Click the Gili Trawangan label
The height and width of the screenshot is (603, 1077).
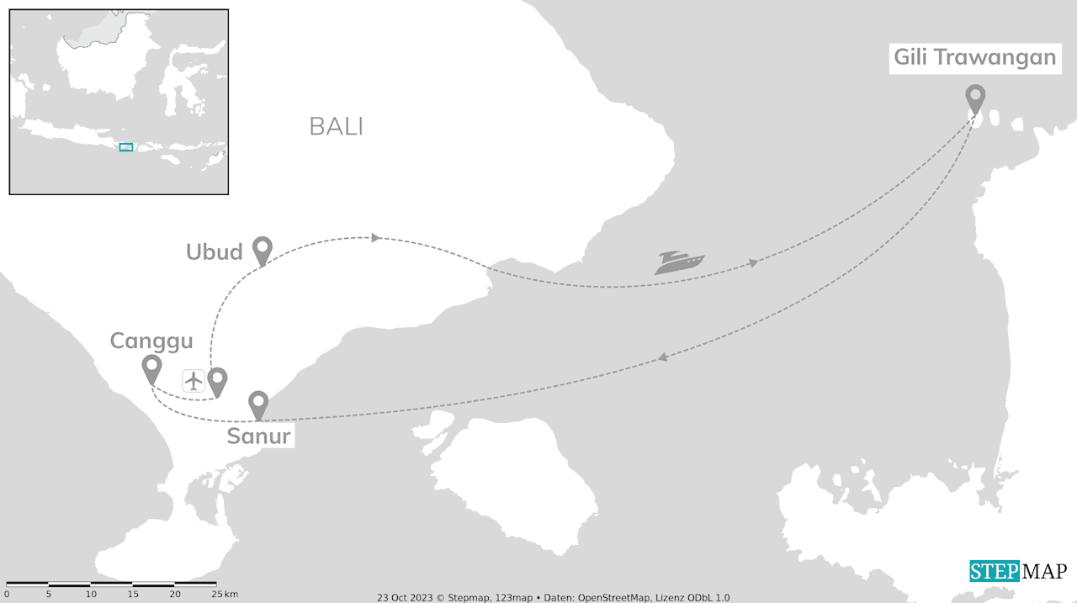tap(974, 57)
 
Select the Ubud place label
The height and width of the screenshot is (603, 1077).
tap(215, 251)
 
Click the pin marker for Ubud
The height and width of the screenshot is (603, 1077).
tap(263, 250)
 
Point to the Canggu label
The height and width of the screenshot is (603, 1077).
tap(151, 341)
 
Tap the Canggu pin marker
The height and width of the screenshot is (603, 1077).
tap(151, 368)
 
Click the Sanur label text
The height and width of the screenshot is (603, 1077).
tap(258, 436)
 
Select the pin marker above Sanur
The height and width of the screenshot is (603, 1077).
tap(258, 405)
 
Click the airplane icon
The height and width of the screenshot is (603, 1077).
tap(194, 381)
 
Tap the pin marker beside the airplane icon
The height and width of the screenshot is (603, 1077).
tap(218, 381)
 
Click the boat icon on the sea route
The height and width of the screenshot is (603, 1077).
tap(680, 262)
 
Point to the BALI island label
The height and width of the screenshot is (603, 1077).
tap(337, 126)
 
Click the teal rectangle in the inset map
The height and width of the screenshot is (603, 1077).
tap(126, 147)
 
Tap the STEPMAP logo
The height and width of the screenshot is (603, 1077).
tap(1018, 571)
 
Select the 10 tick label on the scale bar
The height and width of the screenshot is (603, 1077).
tap(91, 595)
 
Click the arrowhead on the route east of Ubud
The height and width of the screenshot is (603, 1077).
tap(376, 238)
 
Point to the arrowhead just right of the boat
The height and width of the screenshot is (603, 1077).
tap(753, 264)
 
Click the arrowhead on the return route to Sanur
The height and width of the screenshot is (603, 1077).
tap(663, 358)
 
